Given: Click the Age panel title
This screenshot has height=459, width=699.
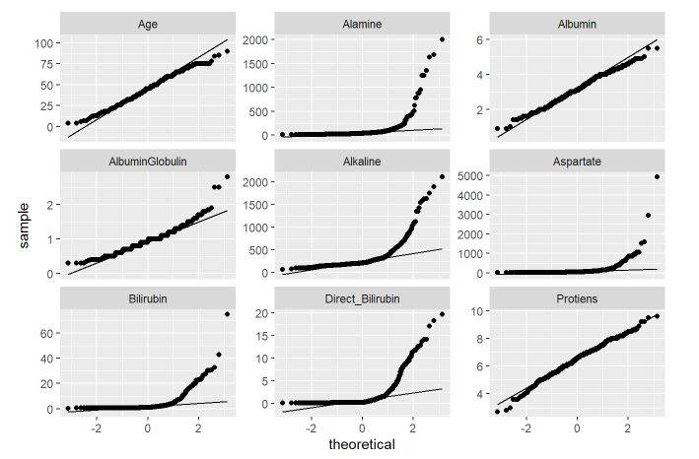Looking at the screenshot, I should pos(148,24).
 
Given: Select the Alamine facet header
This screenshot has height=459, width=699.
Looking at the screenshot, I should pos(362,24).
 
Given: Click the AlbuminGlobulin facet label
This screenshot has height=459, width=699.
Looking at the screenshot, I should pos(148,161).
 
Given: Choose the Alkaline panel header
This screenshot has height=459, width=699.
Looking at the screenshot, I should pos(362,161).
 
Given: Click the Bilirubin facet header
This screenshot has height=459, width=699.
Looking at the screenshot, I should pos(148,296).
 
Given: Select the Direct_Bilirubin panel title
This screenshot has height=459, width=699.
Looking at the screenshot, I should pos(362,296).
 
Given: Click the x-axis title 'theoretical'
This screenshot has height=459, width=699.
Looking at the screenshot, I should pos(362,445).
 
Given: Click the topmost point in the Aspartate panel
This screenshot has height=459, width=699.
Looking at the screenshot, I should pos(657,177).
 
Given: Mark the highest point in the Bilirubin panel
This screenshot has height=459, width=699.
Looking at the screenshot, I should pos(228,314).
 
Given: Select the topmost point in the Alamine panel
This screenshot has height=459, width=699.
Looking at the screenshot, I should pos(442,39).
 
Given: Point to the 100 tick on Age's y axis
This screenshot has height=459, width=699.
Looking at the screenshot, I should pos(43,43).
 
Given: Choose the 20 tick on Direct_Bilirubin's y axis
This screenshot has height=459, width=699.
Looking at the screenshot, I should pos(262,312).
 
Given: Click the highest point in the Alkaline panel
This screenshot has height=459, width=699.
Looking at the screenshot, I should pos(442,177).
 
